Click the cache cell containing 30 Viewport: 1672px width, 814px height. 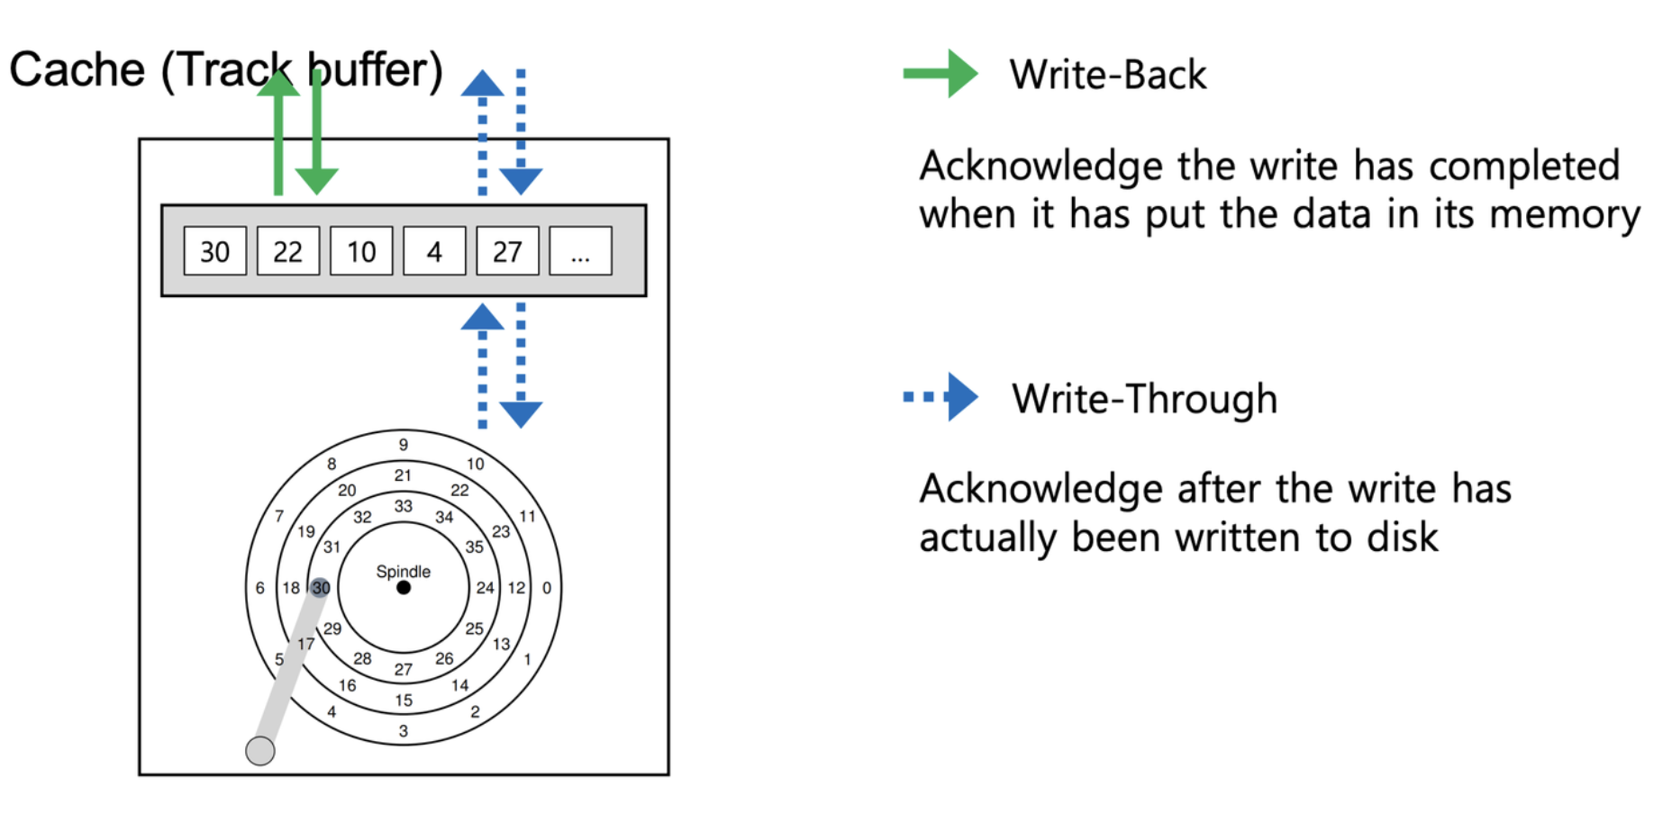coord(214,251)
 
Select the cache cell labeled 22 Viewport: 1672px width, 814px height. coord(287,251)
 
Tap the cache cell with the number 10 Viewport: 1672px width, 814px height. coord(361,251)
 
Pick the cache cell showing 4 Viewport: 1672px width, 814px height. coord(434,251)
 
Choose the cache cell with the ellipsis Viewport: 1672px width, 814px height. coord(580,251)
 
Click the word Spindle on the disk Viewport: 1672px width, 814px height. coord(403,572)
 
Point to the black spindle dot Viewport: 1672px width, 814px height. coord(404,588)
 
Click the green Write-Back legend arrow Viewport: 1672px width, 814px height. coord(940,74)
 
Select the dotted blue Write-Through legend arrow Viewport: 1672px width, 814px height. coord(940,397)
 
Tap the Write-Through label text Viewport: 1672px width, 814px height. coord(1144,399)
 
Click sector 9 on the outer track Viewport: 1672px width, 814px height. coord(404,445)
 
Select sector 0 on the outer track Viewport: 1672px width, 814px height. coord(547,588)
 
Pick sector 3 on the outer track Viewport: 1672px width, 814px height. coord(404,731)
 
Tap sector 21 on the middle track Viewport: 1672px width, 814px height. coord(403,475)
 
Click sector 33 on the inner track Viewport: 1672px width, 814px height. coord(403,506)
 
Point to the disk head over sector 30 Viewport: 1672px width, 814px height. coord(321,588)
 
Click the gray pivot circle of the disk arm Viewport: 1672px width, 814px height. coord(260,751)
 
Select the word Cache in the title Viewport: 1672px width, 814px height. coord(77,70)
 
